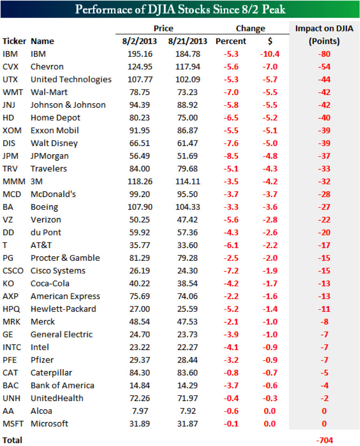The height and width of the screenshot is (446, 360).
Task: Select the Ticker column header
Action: (14, 41)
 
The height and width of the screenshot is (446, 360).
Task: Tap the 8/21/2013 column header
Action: (187, 41)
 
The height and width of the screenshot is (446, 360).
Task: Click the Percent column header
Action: (231, 41)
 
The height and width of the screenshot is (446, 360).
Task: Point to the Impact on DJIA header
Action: (324, 29)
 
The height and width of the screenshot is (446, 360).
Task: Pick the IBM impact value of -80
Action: (324, 54)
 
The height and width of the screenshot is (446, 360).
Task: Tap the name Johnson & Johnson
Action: (68, 105)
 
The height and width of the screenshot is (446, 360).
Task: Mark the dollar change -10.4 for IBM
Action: (269, 54)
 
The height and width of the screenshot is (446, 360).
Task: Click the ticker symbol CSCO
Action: (13, 271)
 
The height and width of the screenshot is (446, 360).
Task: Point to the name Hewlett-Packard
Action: (63, 309)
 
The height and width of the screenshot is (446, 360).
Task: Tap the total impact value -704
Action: (324, 440)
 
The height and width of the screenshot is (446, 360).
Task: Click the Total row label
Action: (12, 440)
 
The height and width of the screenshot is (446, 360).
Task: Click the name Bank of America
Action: (62, 385)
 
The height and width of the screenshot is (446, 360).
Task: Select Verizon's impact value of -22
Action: (324, 220)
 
